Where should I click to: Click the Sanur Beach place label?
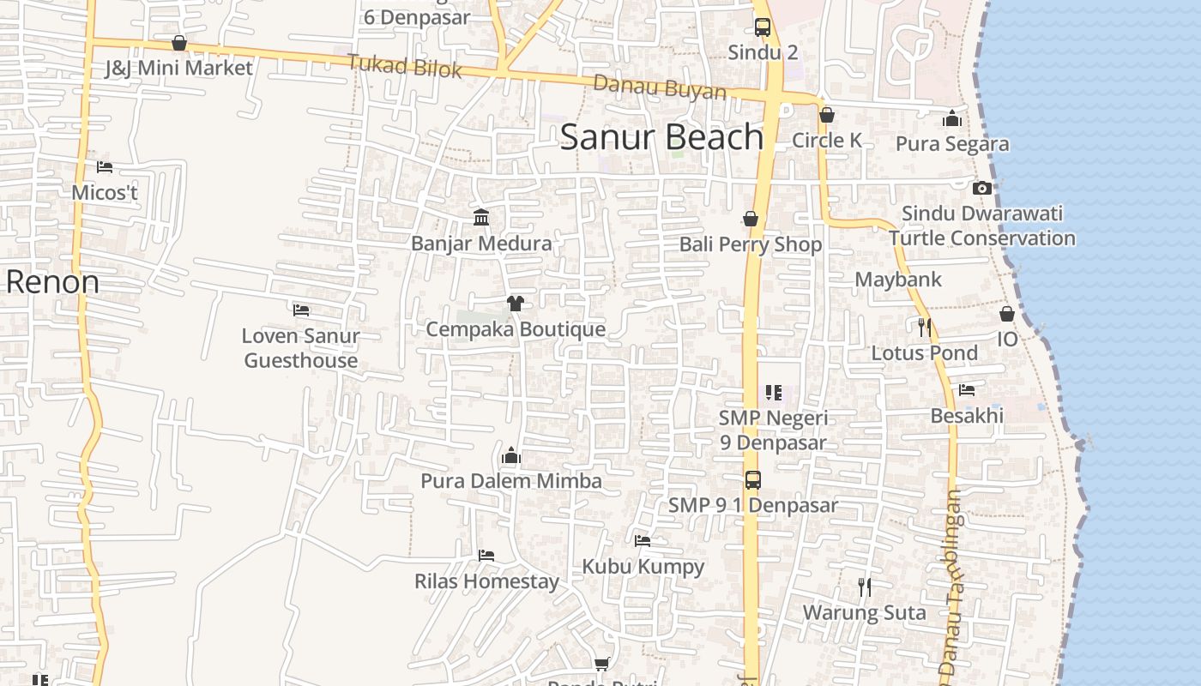click(x=661, y=137)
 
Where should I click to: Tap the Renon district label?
click(x=52, y=282)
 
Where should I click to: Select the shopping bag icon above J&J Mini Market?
click(x=179, y=43)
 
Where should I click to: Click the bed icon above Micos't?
click(x=105, y=167)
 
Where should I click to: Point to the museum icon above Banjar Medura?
click(x=481, y=218)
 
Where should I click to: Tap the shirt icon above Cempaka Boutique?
click(x=515, y=304)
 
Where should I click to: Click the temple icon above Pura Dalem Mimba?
click(x=511, y=455)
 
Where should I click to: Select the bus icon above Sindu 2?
click(x=763, y=27)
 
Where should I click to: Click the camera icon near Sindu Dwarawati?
click(x=982, y=188)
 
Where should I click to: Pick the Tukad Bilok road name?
click(x=404, y=66)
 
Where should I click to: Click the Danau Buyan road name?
click(x=660, y=87)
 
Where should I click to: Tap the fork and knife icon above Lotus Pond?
click(x=924, y=327)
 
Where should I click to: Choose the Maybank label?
click(x=898, y=280)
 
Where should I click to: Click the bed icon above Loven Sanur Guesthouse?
click(x=300, y=310)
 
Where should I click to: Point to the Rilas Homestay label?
click(x=486, y=581)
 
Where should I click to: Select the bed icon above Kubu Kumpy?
click(x=643, y=541)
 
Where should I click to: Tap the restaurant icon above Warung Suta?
click(x=865, y=587)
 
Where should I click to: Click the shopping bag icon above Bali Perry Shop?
click(x=751, y=219)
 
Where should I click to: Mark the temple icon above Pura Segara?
click(x=952, y=119)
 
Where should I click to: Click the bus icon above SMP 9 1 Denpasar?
click(x=752, y=480)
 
